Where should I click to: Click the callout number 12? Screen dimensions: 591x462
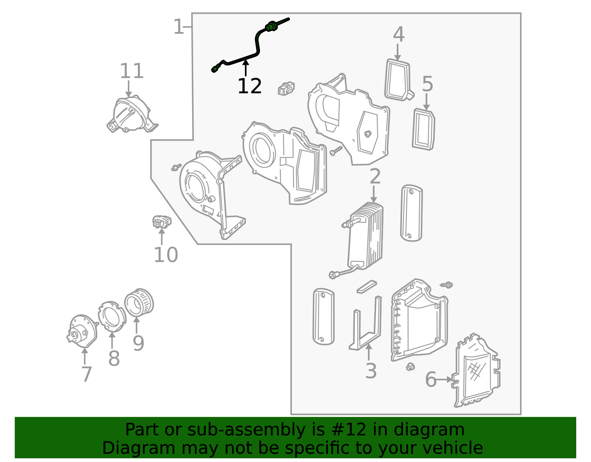coord(249,86)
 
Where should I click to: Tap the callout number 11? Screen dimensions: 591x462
coord(131,71)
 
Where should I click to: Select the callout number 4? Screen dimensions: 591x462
coord(399,34)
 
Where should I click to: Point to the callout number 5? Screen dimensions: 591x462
coord(427,84)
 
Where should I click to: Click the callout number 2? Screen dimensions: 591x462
coord(375,176)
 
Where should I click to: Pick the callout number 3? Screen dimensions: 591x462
coord(371,371)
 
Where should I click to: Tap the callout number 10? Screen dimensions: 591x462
coord(165,255)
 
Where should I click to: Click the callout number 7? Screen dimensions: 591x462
coord(87,374)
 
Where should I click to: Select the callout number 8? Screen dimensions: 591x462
coord(114,358)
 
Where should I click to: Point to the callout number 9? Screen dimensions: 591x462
coord(138,343)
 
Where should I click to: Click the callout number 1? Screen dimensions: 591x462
coord(178,26)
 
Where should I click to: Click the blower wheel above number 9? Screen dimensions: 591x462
coord(139,303)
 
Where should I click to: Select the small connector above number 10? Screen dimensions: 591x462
coord(162,222)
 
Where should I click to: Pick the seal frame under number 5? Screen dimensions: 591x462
coord(423,129)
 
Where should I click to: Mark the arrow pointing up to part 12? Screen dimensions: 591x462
coord(246,68)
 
